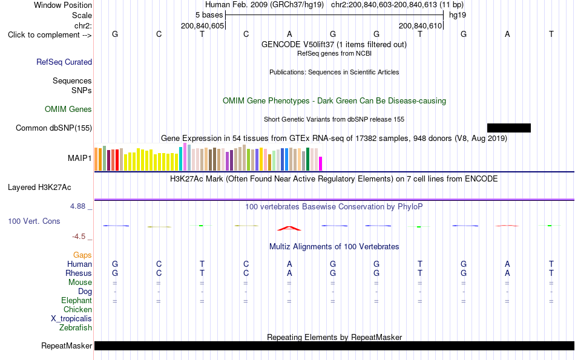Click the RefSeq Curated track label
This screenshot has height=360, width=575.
64,62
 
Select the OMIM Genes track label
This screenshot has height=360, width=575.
68,110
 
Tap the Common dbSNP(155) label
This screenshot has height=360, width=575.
54,128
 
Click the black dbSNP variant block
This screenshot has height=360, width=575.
508,128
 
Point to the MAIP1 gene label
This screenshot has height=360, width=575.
79,158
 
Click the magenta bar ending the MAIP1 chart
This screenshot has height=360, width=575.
321,163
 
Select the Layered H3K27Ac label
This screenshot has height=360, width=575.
39,188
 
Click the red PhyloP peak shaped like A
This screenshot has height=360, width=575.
289,228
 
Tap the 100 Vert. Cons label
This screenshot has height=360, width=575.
34,221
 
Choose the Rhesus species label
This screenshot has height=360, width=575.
79,273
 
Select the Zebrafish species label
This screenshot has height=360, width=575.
76,327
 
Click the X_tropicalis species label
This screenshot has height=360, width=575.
71,319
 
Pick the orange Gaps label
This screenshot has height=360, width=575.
82,255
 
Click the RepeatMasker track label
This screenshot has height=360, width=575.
67,345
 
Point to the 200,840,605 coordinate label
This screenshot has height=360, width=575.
202,25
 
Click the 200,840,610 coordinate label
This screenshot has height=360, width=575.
420,25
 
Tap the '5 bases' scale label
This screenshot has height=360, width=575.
209,15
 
